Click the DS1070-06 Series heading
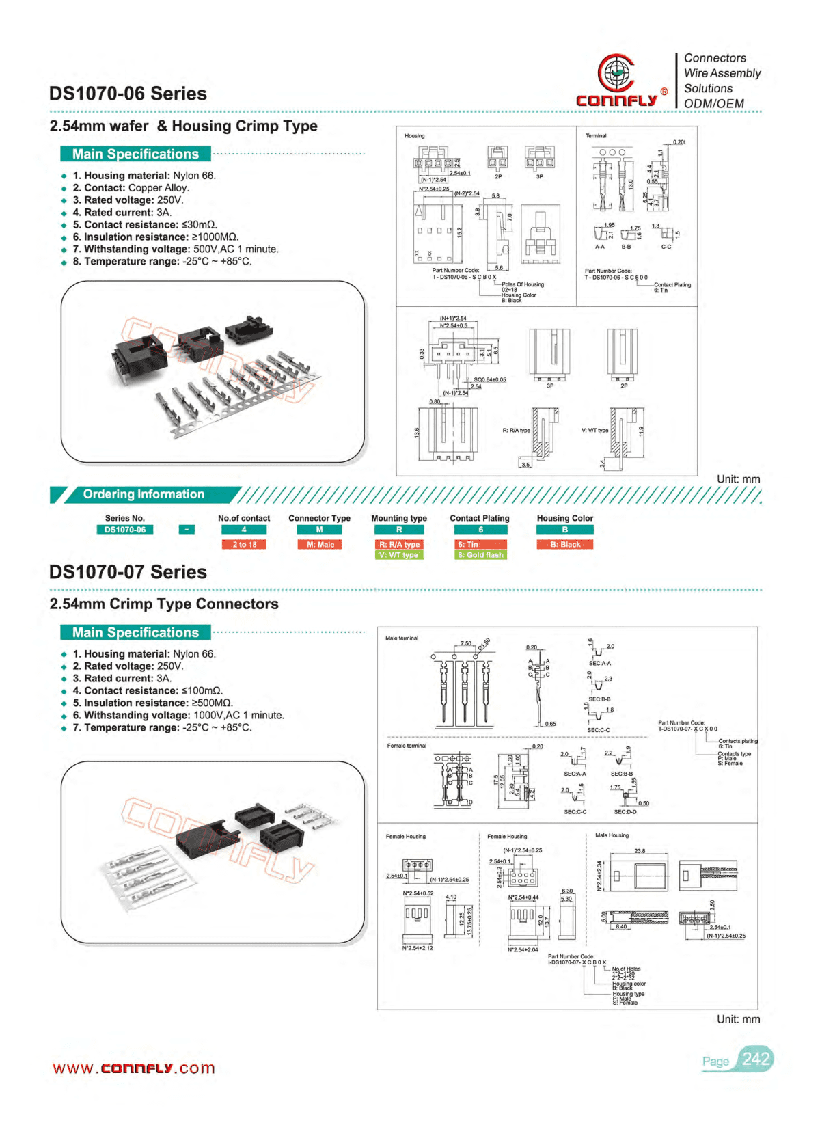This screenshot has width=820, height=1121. pyautogui.click(x=128, y=94)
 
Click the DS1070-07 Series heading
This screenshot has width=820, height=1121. pyautogui.click(x=128, y=572)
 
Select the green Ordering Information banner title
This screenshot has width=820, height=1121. pyautogui.click(x=143, y=494)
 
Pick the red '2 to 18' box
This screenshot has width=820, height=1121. pyautogui.click(x=244, y=545)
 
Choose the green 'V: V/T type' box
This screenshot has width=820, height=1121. pyautogui.click(x=399, y=555)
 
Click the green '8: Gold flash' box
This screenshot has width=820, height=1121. pyautogui.click(x=480, y=555)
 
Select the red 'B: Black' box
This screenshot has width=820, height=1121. pyautogui.click(x=565, y=545)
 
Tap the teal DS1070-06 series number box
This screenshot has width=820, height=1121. pyautogui.click(x=125, y=530)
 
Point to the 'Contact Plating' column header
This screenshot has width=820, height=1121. pyautogui.click(x=480, y=518)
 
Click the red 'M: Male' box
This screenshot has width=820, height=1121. pyautogui.click(x=320, y=545)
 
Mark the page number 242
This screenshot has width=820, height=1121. pyautogui.click(x=756, y=1059)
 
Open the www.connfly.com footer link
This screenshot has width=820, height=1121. pyautogui.click(x=134, y=1068)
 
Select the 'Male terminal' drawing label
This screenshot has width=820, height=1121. pyautogui.click(x=402, y=638)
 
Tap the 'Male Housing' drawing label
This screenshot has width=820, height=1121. pyautogui.click(x=612, y=835)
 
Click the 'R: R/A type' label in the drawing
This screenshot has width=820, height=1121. pyautogui.click(x=516, y=431)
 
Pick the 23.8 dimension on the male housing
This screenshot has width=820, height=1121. pyautogui.click(x=640, y=851)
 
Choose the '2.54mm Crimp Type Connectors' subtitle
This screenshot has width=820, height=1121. pyautogui.click(x=164, y=604)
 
